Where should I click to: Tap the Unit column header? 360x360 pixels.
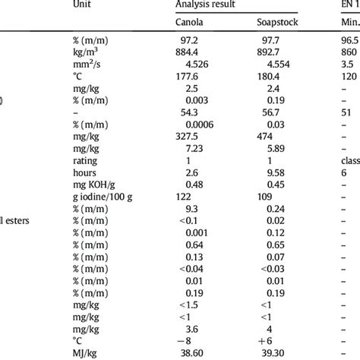tap(84, 4)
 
